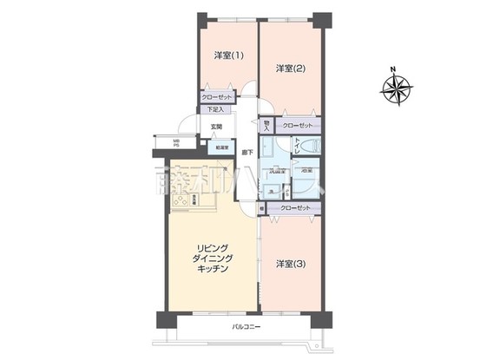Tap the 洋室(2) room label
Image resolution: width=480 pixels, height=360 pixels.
[x=290, y=68]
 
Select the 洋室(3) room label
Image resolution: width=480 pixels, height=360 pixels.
[x=289, y=263]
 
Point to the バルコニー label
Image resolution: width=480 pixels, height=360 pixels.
[x=247, y=327]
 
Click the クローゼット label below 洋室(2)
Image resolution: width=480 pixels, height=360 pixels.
[x=297, y=127]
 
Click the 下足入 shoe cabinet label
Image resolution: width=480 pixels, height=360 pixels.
[x=216, y=110]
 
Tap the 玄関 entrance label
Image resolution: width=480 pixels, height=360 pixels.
[x=215, y=128]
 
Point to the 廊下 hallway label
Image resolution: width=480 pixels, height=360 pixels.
[x=247, y=154]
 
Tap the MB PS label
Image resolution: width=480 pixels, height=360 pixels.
[x=175, y=143]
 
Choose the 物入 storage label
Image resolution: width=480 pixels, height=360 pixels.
[x=266, y=127]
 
